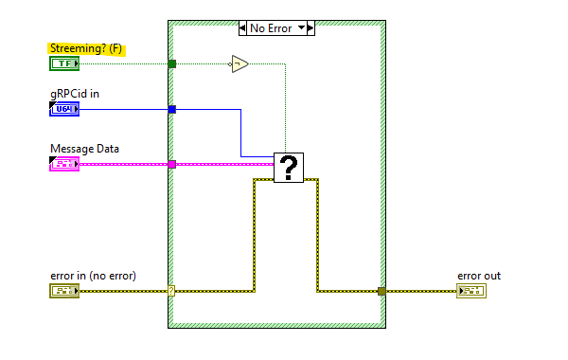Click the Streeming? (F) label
(x=86, y=48)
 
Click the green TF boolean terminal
(x=64, y=63)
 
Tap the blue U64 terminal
(x=64, y=109)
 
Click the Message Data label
(x=84, y=148)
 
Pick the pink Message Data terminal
(x=64, y=164)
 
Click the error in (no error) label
(x=93, y=276)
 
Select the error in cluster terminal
(x=64, y=291)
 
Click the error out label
(x=479, y=276)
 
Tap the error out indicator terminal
(x=470, y=291)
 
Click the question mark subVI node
(x=289, y=168)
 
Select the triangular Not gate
(x=239, y=64)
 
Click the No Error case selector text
(x=271, y=28)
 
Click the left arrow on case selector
(x=243, y=28)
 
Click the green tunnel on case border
(x=172, y=63)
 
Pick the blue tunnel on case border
(x=172, y=109)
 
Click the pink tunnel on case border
(x=172, y=164)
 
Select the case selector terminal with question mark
(x=171, y=291)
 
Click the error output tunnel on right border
(x=382, y=291)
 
